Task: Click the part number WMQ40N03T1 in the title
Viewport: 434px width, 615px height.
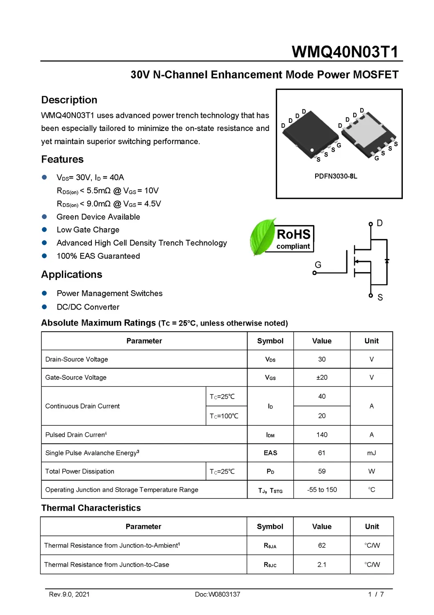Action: pos(345,52)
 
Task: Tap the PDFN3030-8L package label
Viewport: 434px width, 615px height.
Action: pos(336,176)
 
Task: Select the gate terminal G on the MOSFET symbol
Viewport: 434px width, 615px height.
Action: pos(315,272)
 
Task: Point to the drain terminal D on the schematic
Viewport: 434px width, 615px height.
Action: pos(371,224)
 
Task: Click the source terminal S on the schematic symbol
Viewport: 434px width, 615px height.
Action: pos(371,296)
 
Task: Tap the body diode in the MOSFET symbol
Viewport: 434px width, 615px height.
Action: pos(387,261)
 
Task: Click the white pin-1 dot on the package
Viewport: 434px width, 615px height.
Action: pos(312,150)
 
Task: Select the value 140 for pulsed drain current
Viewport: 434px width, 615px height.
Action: pos(322,434)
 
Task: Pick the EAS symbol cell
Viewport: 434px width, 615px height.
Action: pos(270,453)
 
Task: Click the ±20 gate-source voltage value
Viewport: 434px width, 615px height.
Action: pos(322,377)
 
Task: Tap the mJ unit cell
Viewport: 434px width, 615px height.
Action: pos(371,453)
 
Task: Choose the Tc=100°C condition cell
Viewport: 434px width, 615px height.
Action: pos(224,416)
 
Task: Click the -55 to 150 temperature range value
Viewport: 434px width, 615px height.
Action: pos(322,489)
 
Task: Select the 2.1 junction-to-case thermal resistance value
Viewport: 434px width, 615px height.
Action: pos(322,565)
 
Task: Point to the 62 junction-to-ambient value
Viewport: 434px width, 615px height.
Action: pos(322,545)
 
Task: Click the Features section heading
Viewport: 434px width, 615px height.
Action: pos(62,159)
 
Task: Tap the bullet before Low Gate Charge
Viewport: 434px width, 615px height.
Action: pos(44,230)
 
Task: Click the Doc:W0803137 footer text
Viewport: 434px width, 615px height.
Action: pos(217,594)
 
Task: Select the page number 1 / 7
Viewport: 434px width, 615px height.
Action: pos(376,594)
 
